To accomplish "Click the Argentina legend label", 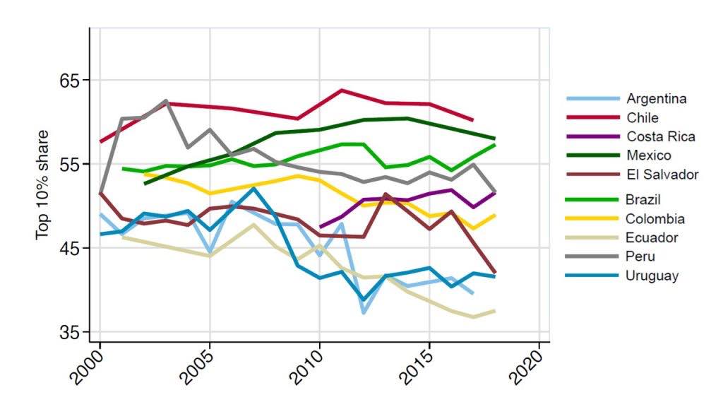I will coord(656,99).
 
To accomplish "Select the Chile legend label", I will coord(643,118).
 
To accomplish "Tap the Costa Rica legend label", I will coord(661,136).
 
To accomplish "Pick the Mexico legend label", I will coord(649,155).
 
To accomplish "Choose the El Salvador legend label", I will coord(662,174).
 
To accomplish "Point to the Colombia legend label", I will coord(655,219).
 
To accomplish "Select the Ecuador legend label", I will coord(652,238).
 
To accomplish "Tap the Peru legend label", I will coord(640,256).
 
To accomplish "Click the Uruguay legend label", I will coord(652,276).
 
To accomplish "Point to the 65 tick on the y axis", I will coord(71,80).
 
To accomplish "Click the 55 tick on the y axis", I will coord(71,164).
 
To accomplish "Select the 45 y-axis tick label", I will coord(71,248).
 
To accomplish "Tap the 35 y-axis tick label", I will coord(71,332).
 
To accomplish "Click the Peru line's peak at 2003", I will coord(165,101).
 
